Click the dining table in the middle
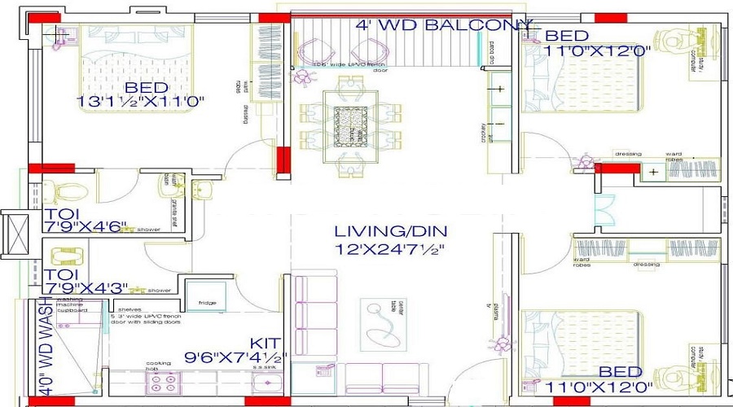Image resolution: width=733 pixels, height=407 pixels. point(352,122)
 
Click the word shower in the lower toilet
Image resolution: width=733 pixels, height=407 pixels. point(160,291)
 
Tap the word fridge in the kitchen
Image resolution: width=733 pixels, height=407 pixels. point(206,304)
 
